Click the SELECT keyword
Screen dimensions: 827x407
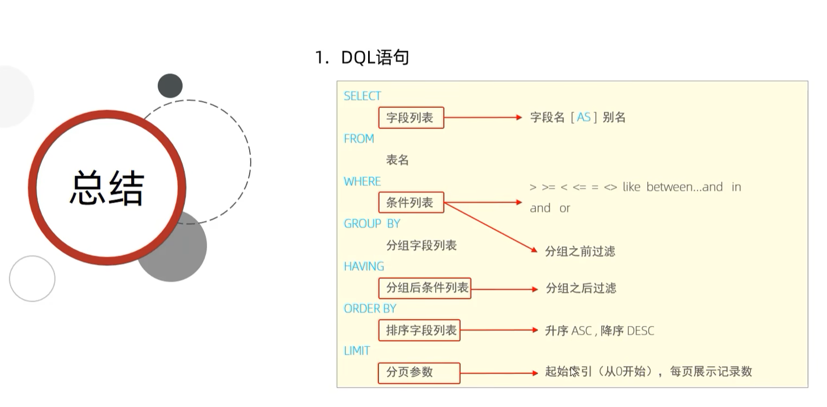[363, 96]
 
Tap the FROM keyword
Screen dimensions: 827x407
[359, 139]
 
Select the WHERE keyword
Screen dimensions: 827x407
[363, 182]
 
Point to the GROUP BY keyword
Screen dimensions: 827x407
[372, 224]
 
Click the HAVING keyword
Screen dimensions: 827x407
[364, 266]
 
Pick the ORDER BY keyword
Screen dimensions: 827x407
[370, 308]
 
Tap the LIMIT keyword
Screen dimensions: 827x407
[357, 351]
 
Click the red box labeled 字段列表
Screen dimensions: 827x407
[411, 118]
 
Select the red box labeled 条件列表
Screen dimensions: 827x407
[411, 203]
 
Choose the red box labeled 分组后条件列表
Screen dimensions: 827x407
[425, 288]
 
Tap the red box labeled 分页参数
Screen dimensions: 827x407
[419, 373]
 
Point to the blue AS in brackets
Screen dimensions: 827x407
[584, 117]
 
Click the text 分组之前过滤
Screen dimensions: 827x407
[580, 251]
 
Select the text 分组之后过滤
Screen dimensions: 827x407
[581, 288]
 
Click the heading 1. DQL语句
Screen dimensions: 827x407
[362, 57]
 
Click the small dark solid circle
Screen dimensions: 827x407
[170, 86]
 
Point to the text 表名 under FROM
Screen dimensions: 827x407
[397, 161]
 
